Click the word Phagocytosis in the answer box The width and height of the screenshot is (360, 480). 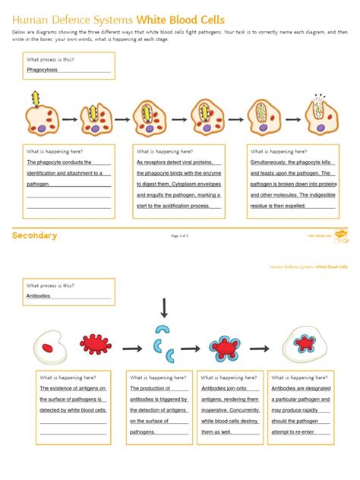[x=45, y=70]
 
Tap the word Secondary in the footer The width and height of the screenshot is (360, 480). [x=34, y=235]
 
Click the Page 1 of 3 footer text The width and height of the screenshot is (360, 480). [x=180, y=236]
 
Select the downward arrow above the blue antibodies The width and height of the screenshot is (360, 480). [x=163, y=308]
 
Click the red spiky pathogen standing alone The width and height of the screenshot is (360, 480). [x=94, y=345]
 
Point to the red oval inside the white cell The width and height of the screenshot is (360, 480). [x=47, y=348]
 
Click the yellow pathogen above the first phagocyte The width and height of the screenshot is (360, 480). [x=34, y=98]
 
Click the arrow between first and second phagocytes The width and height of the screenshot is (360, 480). [x=71, y=119]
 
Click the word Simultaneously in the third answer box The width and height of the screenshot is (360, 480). [x=273, y=162]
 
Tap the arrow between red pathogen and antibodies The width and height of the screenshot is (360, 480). [x=133, y=348]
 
